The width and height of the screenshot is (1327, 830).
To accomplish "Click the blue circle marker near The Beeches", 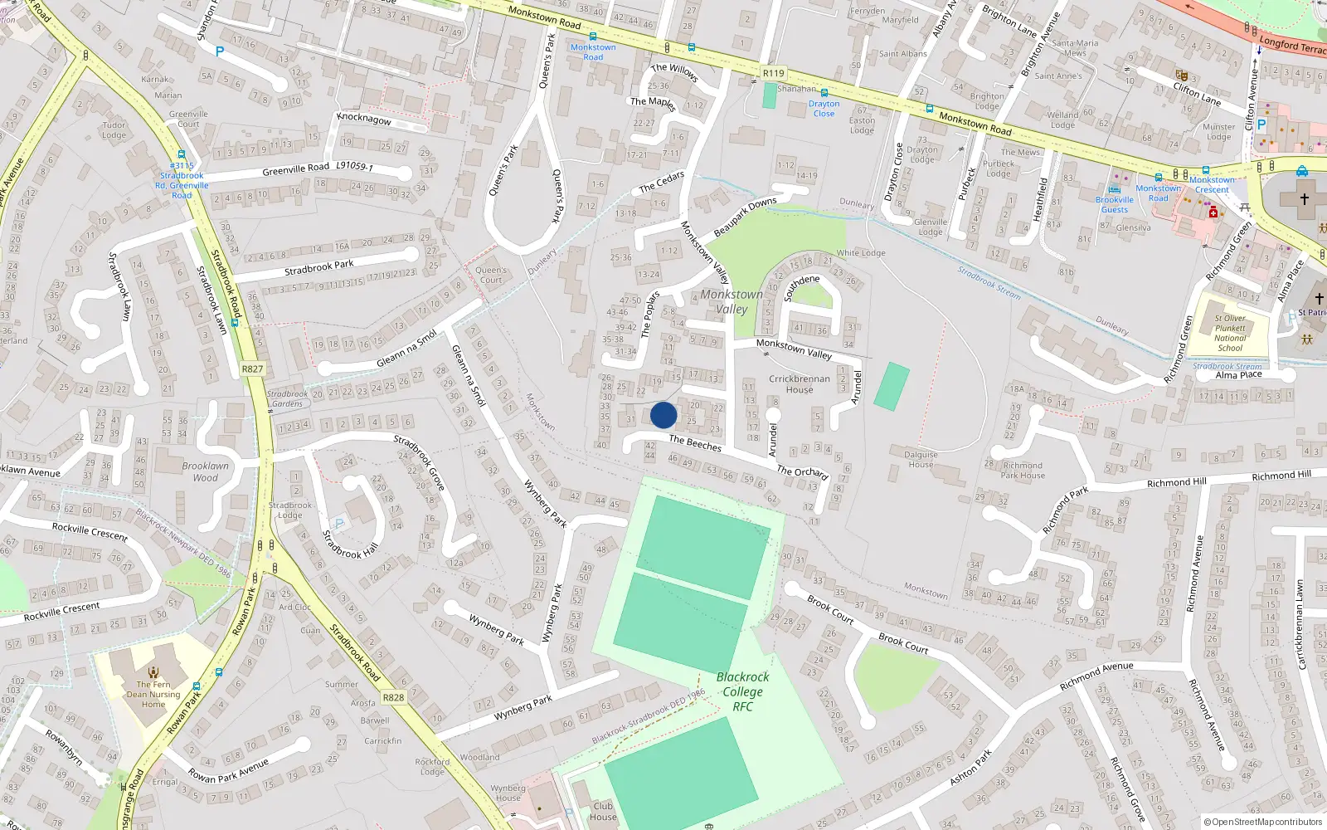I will tap(663, 415).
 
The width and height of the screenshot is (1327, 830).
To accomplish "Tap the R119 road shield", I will tap(773, 73).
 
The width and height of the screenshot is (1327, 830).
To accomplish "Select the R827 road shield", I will tap(252, 369).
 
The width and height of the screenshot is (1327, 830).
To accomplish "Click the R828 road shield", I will tap(393, 697).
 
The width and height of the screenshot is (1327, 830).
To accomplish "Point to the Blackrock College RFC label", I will tap(742, 691).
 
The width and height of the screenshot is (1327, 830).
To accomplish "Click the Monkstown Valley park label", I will tap(731, 301).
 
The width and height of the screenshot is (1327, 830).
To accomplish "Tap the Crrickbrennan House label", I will tap(799, 384).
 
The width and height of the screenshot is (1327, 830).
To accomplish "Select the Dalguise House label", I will tap(921, 459).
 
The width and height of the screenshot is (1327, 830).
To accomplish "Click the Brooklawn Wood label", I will tap(205, 471).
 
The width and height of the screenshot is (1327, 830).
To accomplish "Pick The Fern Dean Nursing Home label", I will tap(153, 695).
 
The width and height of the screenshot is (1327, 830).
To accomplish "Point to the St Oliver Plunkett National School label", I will tap(1230, 333).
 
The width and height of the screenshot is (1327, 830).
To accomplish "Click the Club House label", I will tap(603, 811).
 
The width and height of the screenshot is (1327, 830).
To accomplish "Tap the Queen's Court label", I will tap(491, 275).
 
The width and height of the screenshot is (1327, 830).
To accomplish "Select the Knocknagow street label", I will tap(364, 119).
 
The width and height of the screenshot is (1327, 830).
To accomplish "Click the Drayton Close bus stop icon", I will tap(824, 93).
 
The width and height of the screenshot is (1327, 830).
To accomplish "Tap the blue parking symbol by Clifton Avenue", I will tap(1261, 124).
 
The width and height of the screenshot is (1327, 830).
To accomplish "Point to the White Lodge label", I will tap(861, 253).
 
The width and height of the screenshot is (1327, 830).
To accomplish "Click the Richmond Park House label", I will tap(1023, 471).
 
